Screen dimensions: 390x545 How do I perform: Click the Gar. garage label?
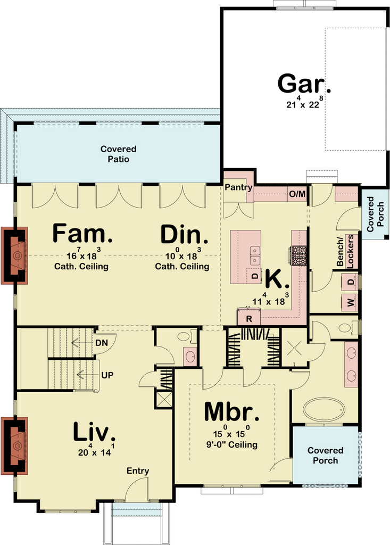pyautogui.click(x=304, y=84)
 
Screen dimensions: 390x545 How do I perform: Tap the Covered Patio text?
pyautogui.click(x=119, y=154)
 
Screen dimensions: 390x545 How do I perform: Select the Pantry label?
pyautogui.click(x=238, y=187)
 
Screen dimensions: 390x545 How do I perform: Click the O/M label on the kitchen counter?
pyautogui.click(x=297, y=194)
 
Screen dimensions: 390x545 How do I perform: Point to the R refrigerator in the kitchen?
pyautogui.click(x=249, y=318)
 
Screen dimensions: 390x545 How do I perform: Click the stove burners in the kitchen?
pyautogui.click(x=299, y=255)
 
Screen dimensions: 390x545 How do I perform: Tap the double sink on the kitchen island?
pyautogui.click(x=255, y=255)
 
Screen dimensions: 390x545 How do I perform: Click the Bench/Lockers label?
pyautogui.click(x=345, y=251)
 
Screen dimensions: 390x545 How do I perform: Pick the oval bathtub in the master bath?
pyautogui.click(x=325, y=410)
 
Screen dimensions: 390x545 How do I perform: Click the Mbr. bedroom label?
pyautogui.click(x=231, y=412)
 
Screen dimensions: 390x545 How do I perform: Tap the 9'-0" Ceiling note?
pyautogui.click(x=232, y=444)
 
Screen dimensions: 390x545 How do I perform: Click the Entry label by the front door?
pyautogui.click(x=138, y=471)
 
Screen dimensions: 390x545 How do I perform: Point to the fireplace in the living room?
pyautogui.click(x=14, y=446)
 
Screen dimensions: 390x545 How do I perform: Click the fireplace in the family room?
pyautogui.click(x=14, y=255)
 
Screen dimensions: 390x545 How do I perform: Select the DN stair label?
pyautogui.click(x=102, y=343)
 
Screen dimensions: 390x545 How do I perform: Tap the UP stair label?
pyautogui.click(x=107, y=375)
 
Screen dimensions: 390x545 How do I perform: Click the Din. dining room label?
pyautogui.click(x=184, y=234)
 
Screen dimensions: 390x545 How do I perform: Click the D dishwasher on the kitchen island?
pyautogui.click(x=255, y=276)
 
